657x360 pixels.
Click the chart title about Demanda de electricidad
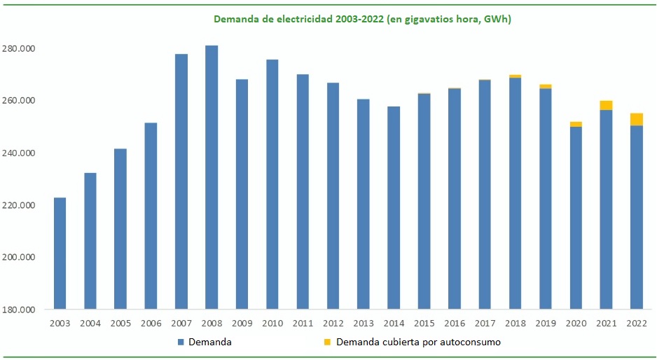point(362,20)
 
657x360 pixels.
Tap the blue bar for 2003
point(60,253)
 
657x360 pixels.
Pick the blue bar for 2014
point(394,207)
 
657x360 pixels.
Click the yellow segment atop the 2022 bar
point(637,119)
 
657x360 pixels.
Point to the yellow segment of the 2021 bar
point(606,105)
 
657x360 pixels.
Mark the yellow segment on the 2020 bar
point(576,124)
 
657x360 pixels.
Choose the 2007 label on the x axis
point(181,323)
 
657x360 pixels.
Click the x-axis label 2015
point(424,323)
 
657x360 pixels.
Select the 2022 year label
point(637,323)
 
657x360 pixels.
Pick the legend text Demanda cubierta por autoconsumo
point(418,342)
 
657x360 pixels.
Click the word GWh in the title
point(497,20)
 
